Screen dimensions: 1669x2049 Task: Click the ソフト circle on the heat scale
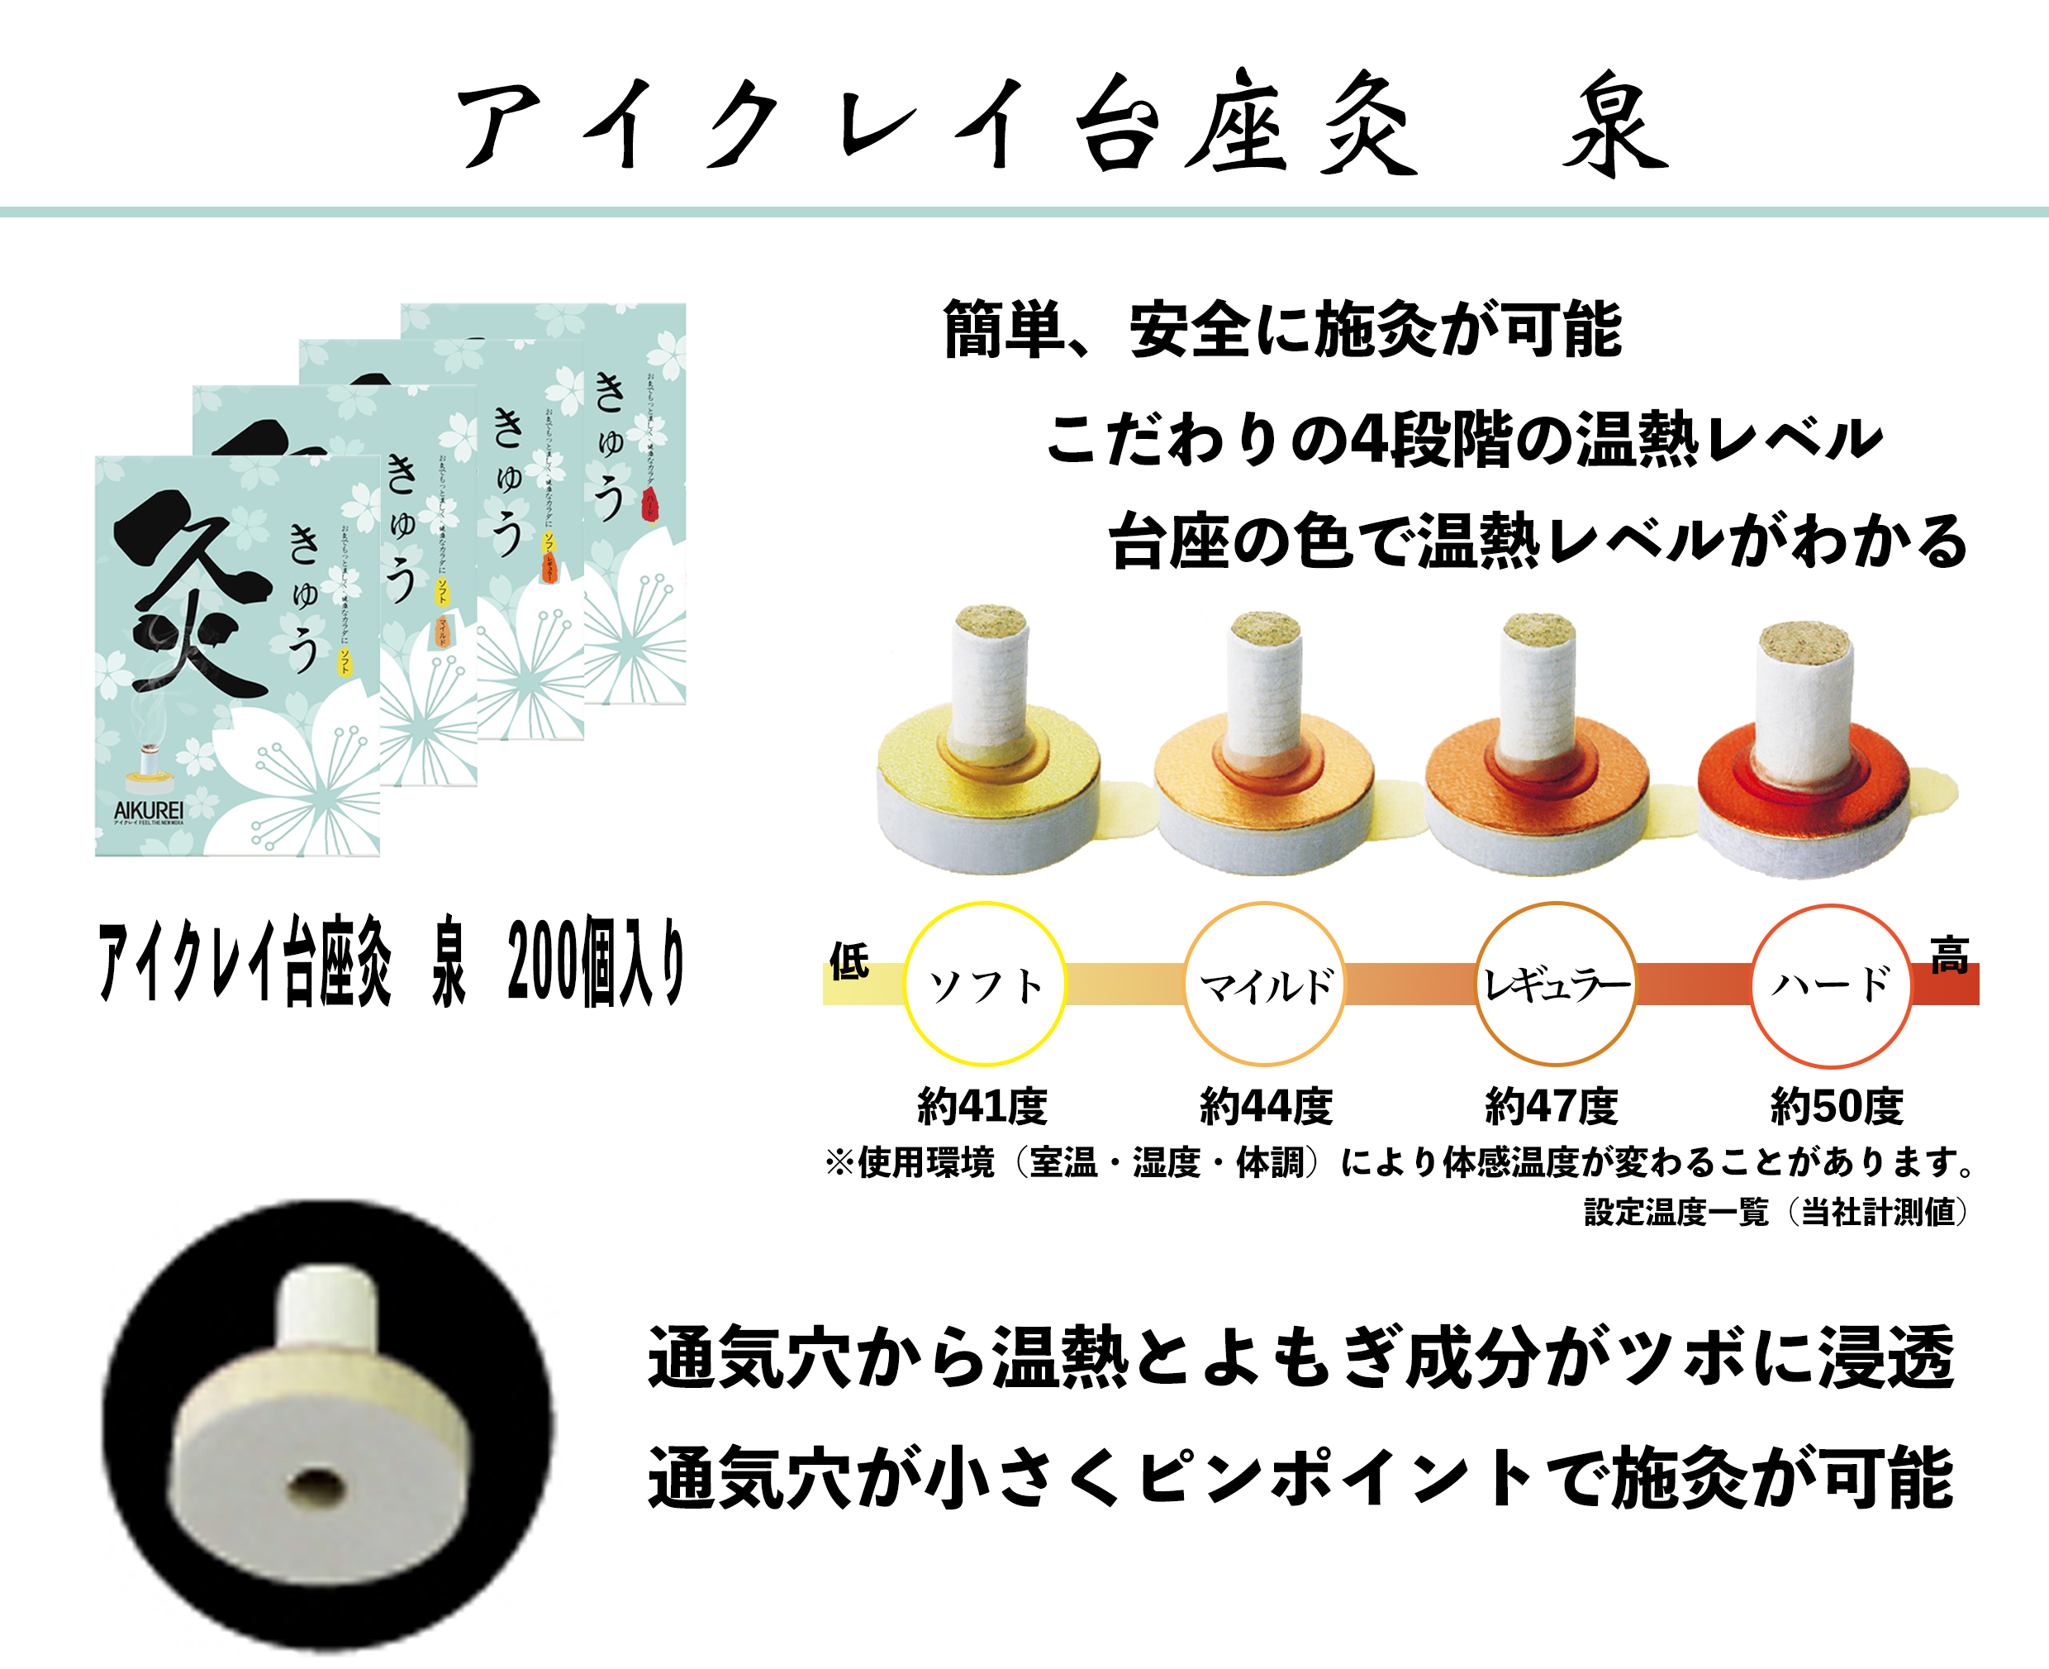pyautogui.click(x=985, y=985)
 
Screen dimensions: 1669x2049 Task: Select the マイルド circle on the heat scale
pyautogui.click(x=1265, y=985)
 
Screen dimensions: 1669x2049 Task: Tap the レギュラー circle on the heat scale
pyautogui.click(x=1556, y=985)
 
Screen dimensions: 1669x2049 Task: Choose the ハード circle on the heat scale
pyautogui.click(x=1831, y=986)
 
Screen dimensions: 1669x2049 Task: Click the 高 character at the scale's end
pyautogui.click(x=1949, y=956)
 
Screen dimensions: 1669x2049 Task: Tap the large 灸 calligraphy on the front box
pyautogui.click(x=193, y=596)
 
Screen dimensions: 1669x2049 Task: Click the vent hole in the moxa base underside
pyautogui.click(x=316, y=1486)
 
